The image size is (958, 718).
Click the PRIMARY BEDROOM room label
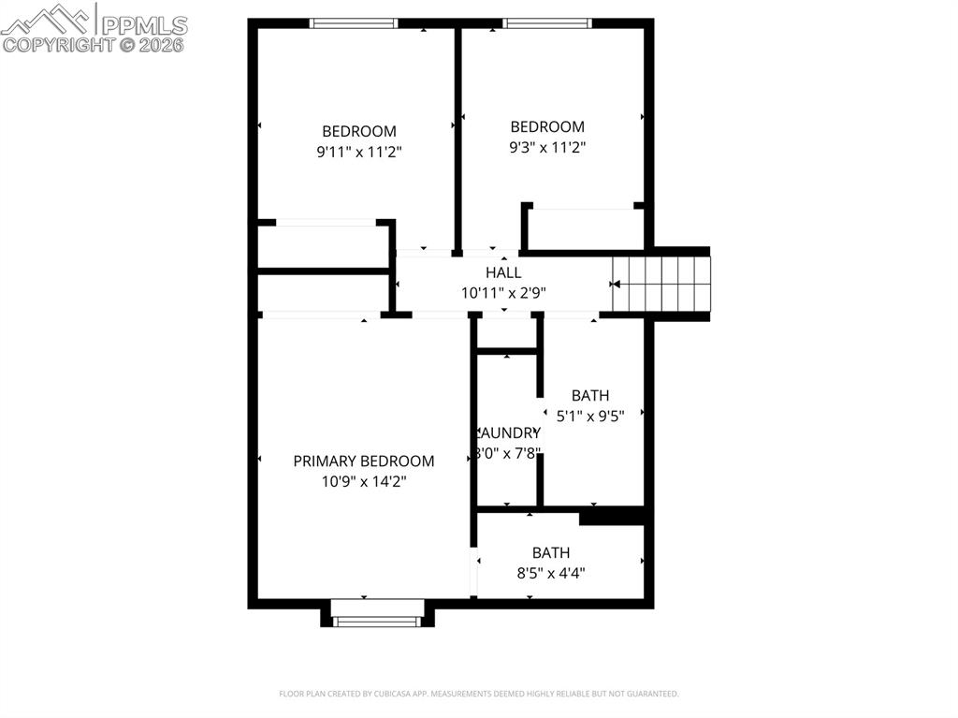pyautogui.click(x=363, y=461)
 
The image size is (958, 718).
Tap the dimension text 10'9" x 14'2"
pyautogui.click(x=363, y=481)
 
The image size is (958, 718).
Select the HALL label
pyautogui.click(x=503, y=272)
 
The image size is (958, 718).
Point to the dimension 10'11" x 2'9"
pyautogui.click(x=503, y=292)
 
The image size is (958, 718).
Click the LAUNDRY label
pyautogui.click(x=508, y=432)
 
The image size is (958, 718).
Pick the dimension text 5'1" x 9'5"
pyautogui.click(x=589, y=416)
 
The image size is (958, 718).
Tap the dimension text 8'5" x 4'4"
pyautogui.click(x=550, y=573)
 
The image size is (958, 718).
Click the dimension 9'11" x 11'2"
pyautogui.click(x=359, y=152)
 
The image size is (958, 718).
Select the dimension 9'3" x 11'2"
pyautogui.click(x=547, y=147)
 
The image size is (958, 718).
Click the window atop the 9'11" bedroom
pyautogui.click(x=355, y=23)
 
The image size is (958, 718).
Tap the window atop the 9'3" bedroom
pyautogui.click(x=547, y=23)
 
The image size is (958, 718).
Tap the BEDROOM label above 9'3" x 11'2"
pyautogui.click(x=547, y=126)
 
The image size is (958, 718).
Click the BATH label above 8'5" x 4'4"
pyautogui.click(x=550, y=552)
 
